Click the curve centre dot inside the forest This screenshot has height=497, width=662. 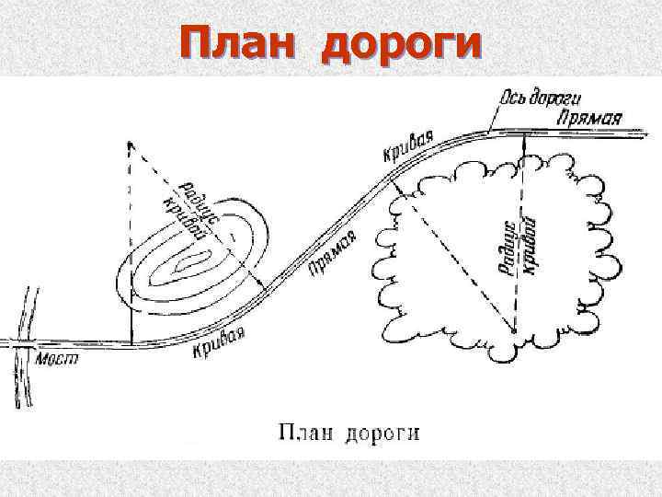click(514, 329)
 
